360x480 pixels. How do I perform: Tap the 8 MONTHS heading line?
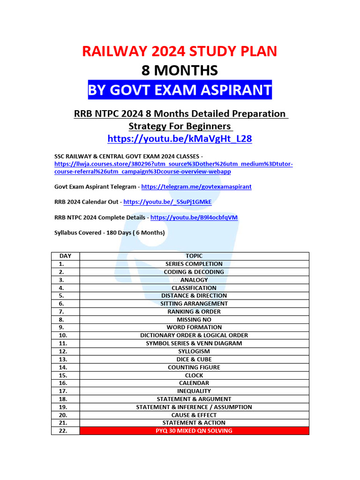[x=180, y=70]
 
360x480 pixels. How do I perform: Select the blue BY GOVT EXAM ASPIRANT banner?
[x=180, y=90]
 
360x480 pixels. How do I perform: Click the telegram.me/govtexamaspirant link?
[x=196, y=187]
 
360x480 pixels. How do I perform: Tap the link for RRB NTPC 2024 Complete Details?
[x=194, y=217]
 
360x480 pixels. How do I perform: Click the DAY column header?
[x=65, y=256]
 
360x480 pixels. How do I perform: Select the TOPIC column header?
[x=194, y=256]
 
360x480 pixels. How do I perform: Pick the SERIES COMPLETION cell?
[x=194, y=264]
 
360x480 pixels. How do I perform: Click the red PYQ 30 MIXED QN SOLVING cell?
[x=194, y=431]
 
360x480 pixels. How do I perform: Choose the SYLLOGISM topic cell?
[x=194, y=351]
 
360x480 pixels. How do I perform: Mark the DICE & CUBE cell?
[x=194, y=359]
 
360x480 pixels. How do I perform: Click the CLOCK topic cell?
[x=194, y=375]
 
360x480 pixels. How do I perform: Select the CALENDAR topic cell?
[x=194, y=383]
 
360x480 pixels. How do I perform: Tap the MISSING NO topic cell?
[x=194, y=319]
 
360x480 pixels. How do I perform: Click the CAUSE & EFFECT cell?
[x=194, y=415]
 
